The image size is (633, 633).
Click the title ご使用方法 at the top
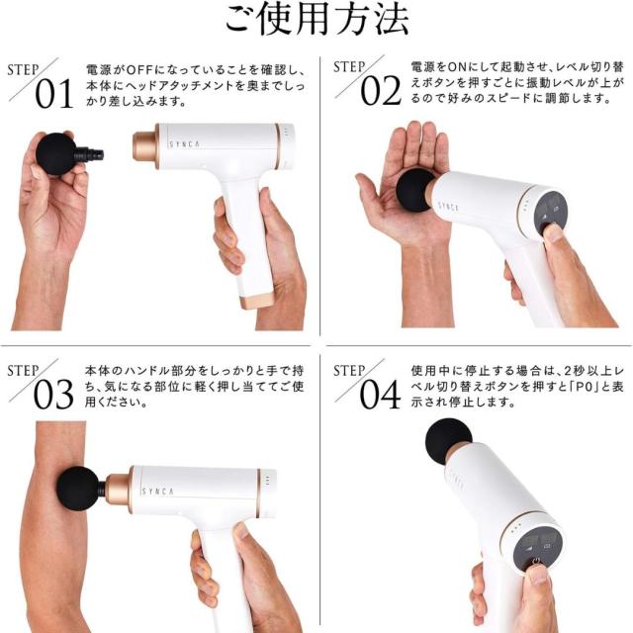point(316,20)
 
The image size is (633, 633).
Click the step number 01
point(54,94)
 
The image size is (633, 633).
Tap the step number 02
point(380,90)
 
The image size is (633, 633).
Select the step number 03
point(54,394)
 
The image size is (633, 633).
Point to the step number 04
point(380,394)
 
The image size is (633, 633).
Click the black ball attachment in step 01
point(58,153)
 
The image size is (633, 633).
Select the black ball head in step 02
point(415,189)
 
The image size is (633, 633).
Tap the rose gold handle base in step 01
point(255,297)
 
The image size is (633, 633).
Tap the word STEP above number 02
point(349,67)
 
